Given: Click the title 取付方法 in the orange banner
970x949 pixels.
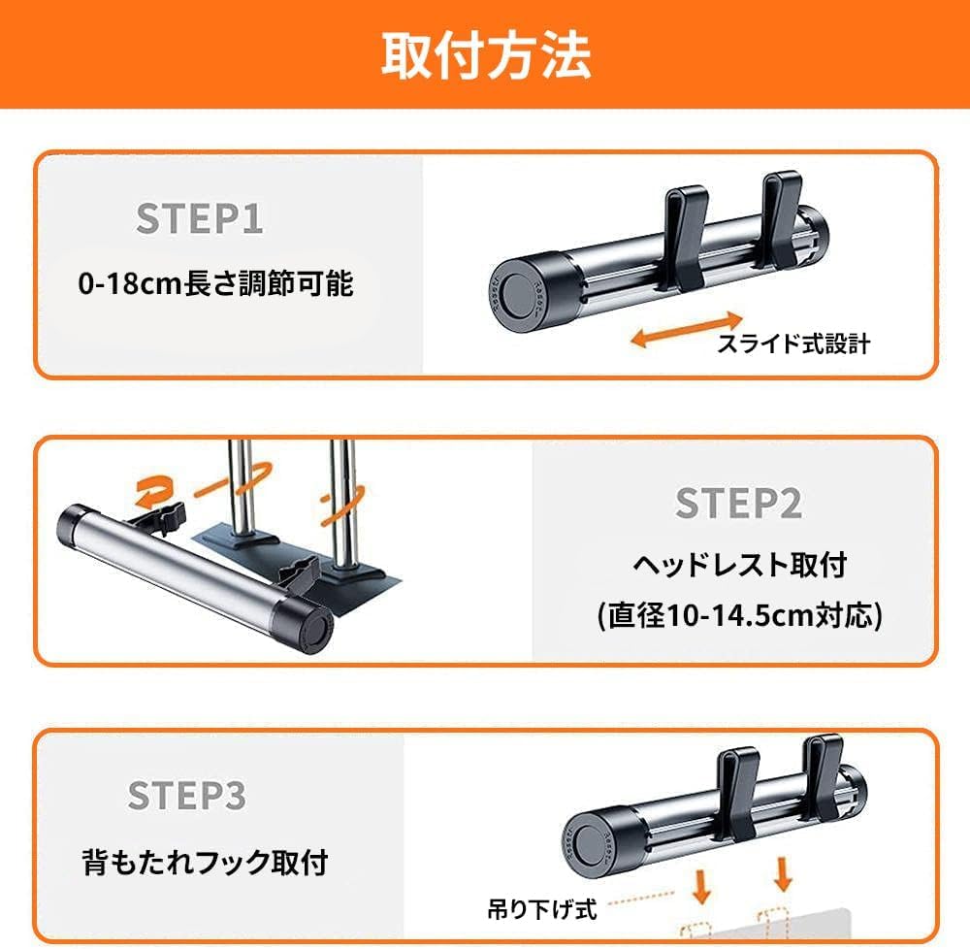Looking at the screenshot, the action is tap(486, 55).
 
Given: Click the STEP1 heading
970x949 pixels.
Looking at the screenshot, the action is tap(199, 218).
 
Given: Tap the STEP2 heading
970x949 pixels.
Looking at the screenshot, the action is tap(738, 503).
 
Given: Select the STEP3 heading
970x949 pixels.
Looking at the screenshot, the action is tap(187, 795).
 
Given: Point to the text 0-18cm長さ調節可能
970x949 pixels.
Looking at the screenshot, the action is tap(216, 284).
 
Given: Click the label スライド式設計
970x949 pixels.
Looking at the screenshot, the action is tap(793, 344).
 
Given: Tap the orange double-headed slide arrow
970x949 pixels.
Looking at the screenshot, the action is tap(687, 329).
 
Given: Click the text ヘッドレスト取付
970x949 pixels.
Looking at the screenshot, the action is tap(739, 564).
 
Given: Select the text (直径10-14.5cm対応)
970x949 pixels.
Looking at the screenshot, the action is tap(739, 615).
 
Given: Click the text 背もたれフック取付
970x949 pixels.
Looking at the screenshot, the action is tap(205, 862).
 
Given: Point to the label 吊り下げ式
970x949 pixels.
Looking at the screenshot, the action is tap(542, 909).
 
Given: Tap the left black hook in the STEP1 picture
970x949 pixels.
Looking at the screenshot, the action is tap(686, 238).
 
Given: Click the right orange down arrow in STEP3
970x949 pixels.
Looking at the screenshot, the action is tap(783, 874).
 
